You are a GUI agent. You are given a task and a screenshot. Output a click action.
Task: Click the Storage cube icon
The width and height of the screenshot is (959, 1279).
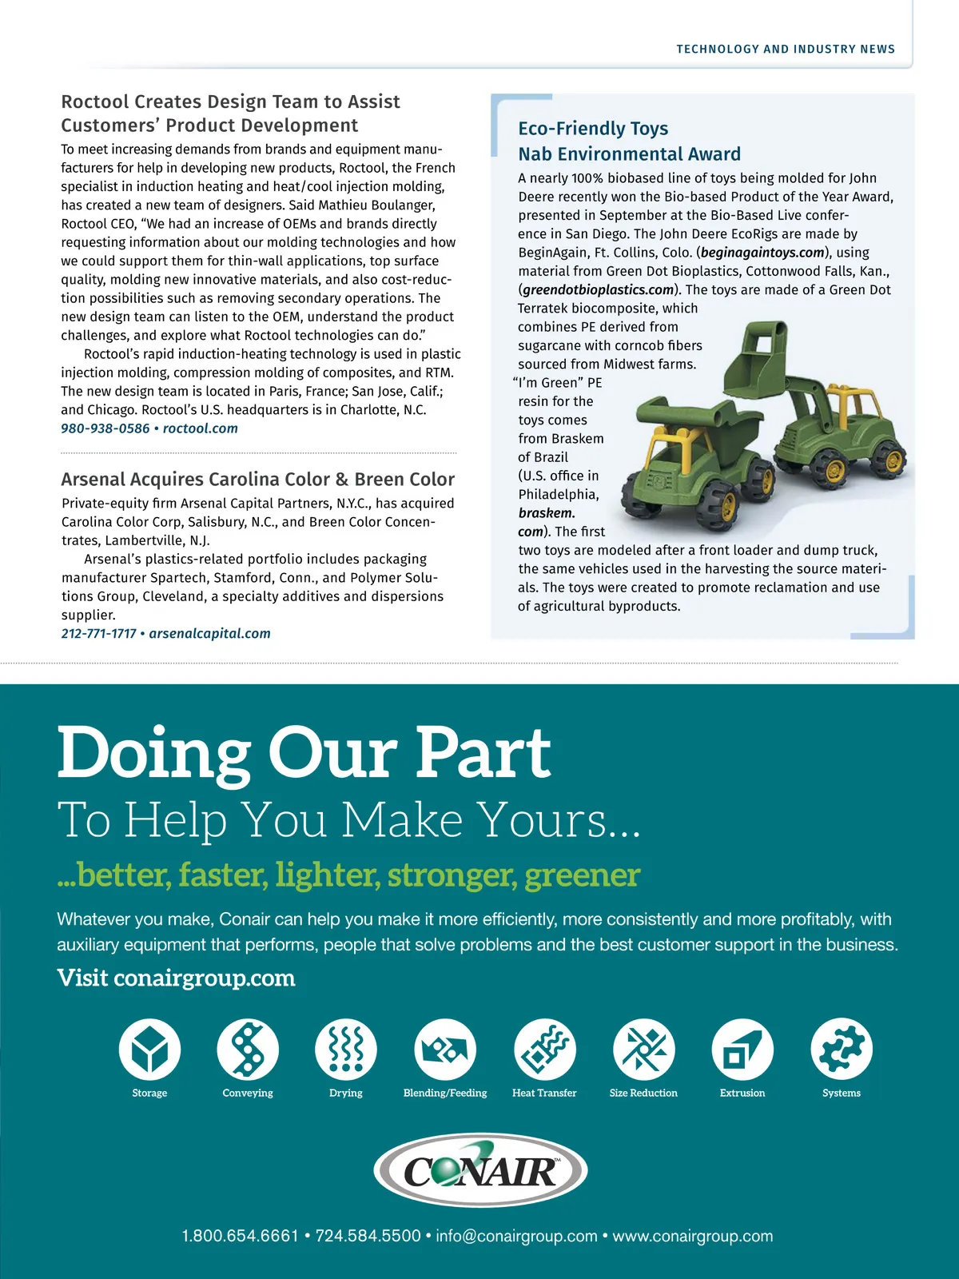[149, 1049]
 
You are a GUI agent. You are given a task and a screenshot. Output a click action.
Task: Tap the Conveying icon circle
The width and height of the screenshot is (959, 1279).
[248, 1049]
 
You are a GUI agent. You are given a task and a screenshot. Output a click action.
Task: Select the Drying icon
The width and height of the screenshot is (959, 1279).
[346, 1049]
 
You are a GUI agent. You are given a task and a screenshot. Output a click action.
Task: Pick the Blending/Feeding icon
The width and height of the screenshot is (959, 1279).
[445, 1049]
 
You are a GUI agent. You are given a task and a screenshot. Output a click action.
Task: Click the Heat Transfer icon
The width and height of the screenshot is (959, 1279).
[544, 1049]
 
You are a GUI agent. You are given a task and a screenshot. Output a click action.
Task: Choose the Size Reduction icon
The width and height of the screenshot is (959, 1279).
[643, 1049]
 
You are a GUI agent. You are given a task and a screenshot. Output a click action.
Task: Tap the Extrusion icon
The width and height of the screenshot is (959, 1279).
[742, 1049]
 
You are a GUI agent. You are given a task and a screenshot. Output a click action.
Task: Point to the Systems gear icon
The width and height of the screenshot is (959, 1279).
[842, 1049]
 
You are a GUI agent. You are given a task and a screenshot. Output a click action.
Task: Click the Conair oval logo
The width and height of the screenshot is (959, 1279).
[480, 1170]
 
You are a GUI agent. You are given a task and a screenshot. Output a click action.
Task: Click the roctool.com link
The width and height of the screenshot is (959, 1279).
[201, 428]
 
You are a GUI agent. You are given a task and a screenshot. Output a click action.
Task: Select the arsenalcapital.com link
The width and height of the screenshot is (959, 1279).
[209, 634]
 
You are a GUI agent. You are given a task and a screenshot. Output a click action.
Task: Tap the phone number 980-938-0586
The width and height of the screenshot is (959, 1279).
[105, 428]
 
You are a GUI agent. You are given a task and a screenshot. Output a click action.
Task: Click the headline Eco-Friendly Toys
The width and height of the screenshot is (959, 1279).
[593, 129]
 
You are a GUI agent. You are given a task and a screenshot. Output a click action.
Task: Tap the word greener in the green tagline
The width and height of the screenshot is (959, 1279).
[583, 875]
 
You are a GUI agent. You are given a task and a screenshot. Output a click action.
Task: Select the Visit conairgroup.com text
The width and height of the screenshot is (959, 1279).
[176, 978]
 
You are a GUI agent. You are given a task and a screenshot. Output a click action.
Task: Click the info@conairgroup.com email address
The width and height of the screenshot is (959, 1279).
[516, 1236]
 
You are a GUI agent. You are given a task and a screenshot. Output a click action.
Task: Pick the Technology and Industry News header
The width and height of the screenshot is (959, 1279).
[786, 50]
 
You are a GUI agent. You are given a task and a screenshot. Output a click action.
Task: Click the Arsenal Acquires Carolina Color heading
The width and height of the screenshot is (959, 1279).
[257, 480]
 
